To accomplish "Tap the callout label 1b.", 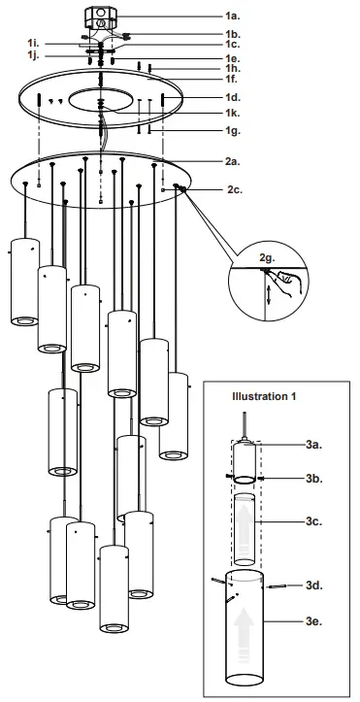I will (x=233, y=35).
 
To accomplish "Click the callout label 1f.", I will (x=233, y=79).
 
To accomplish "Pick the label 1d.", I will (x=233, y=99).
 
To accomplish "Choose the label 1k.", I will (x=233, y=115).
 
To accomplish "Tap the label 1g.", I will (x=233, y=130).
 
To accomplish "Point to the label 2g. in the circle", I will (x=268, y=257).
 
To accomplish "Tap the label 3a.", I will (x=313, y=445).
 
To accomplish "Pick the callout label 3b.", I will (x=313, y=479).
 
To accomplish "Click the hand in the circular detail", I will (x=287, y=281).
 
